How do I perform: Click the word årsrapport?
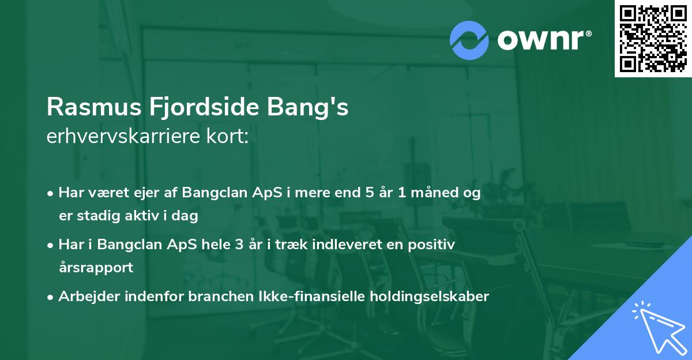pyautogui.click(x=96, y=268)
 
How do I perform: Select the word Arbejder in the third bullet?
pyautogui.click(x=86, y=297)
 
